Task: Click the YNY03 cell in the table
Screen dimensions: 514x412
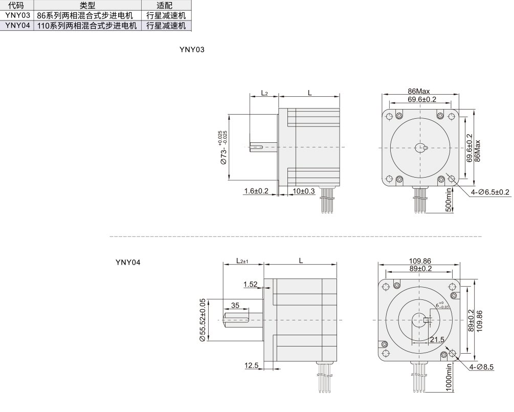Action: (x=17, y=15)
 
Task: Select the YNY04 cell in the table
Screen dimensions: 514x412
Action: (x=17, y=25)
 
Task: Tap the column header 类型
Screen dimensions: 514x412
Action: (x=87, y=5)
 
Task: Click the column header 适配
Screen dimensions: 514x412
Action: (x=164, y=5)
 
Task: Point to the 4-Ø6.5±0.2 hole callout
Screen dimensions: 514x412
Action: (x=490, y=192)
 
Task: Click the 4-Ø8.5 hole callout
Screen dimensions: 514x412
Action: (x=481, y=367)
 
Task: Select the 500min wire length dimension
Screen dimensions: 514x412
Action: (x=449, y=200)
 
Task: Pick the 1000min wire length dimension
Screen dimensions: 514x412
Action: (x=449, y=377)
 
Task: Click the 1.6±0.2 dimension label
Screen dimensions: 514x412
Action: (x=256, y=191)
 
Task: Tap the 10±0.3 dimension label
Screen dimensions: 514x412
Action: (x=304, y=191)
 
